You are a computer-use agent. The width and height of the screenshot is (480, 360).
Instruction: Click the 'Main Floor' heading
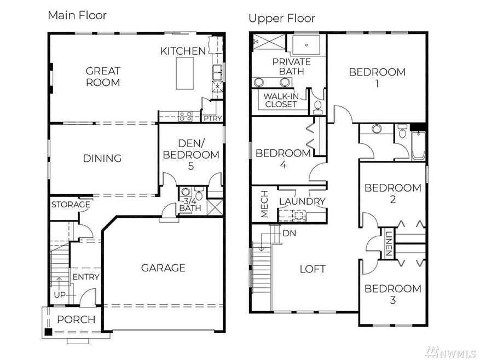pyautogui.click(x=77, y=15)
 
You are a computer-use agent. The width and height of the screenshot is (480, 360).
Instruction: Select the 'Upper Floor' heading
pyautogui.click(x=282, y=19)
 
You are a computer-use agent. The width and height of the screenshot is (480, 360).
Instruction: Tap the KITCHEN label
pyautogui.click(x=183, y=51)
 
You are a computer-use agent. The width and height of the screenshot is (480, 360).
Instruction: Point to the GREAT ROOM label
pyautogui.click(x=103, y=77)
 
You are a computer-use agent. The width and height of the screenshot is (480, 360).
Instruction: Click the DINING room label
pyautogui.click(x=102, y=159)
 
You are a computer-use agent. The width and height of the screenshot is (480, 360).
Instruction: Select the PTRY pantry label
pyautogui.click(x=212, y=118)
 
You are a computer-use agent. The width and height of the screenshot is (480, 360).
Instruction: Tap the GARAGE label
pyautogui.click(x=163, y=268)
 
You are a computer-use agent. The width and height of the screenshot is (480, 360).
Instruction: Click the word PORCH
pyautogui.click(x=76, y=320)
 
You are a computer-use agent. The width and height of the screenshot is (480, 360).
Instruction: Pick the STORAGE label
pyautogui.click(x=70, y=205)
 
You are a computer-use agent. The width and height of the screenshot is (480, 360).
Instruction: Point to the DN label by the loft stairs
pyautogui.click(x=290, y=233)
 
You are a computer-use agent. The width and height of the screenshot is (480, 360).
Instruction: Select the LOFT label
pyautogui.click(x=313, y=269)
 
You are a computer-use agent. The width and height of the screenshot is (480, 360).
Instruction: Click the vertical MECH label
pyautogui.click(x=264, y=205)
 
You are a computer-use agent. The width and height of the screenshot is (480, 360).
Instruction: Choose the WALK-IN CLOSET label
pyautogui.click(x=281, y=100)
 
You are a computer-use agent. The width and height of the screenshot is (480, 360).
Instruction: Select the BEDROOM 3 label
pyautogui.click(x=393, y=294)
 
